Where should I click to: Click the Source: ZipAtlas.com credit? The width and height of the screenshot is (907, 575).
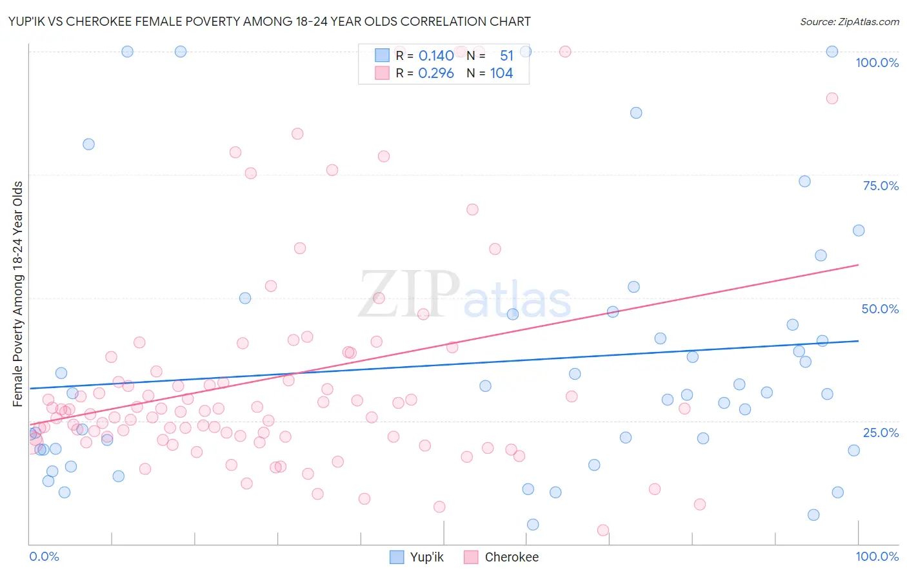tap(849, 21)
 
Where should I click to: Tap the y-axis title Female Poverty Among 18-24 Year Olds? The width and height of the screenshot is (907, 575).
tap(17, 294)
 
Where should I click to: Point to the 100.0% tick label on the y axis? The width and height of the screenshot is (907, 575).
tap(877, 63)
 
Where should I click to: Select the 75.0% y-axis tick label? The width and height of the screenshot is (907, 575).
tap(881, 186)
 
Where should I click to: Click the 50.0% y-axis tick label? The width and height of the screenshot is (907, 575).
tap(880, 309)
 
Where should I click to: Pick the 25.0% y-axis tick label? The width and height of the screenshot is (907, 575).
tap(881, 432)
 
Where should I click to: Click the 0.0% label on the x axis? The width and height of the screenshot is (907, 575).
tap(44, 556)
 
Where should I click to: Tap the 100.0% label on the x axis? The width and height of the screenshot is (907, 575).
tap(877, 556)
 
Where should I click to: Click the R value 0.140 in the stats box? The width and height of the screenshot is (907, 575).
tap(436, 56)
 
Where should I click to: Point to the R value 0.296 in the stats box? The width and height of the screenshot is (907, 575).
tap(436, 73)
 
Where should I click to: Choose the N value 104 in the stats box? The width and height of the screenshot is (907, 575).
tap(501, 73)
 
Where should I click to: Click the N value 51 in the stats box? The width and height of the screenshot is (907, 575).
tap(506, 56)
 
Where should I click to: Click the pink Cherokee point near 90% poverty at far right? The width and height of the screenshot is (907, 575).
tap(832, 98)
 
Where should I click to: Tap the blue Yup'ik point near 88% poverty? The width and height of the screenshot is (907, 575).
tap(636, 113)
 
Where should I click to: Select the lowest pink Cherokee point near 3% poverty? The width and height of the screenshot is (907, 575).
tap(603, 530)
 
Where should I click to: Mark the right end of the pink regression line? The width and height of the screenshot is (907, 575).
tap(858, 265)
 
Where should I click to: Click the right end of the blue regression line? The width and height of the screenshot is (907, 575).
tap(858, 340)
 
